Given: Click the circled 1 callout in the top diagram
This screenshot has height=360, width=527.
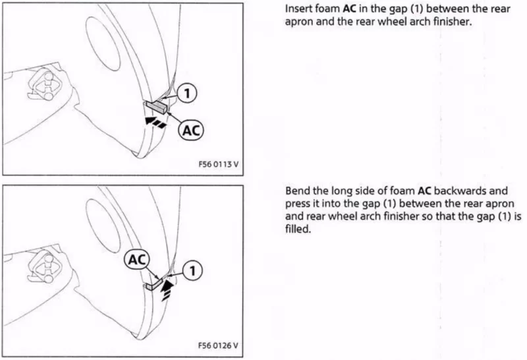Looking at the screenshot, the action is pos(187,93).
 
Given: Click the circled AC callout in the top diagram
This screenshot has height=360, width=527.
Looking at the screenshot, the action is pos(191,130).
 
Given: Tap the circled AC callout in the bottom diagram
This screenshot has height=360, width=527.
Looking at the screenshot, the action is pos(137,259).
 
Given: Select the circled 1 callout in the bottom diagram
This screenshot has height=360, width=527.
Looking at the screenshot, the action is pos(192,270).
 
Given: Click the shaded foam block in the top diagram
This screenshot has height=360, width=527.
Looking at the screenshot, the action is pos(156,106).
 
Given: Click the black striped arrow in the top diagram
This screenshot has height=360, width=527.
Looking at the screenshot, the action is pos(155,123).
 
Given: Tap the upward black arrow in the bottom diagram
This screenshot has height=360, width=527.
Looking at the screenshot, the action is pos(168,290).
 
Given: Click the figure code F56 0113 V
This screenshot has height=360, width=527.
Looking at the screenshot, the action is pos(219,164).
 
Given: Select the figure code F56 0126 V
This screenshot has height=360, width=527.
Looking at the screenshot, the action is pos(218,345).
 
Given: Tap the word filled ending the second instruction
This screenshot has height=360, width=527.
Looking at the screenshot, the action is pos(297,229).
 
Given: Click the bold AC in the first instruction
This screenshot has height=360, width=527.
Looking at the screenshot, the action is pos(350,9).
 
